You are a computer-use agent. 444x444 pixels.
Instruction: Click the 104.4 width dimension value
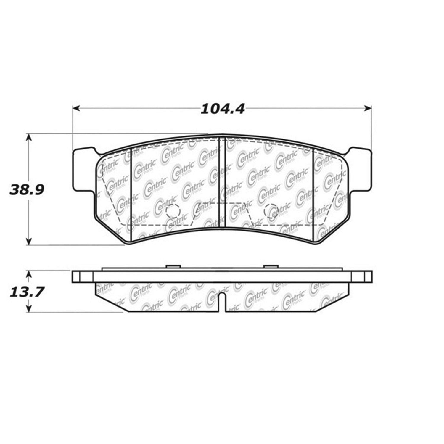click(223, 109)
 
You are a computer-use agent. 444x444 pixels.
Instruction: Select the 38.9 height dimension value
click(27, 189)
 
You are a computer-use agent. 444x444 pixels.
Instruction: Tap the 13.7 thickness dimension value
click(27, 292)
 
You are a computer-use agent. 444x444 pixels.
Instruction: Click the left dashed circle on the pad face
click(173, 211)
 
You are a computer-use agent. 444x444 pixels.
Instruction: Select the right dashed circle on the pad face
click(271, 211)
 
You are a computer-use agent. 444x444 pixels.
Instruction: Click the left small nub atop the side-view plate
click(173, 267)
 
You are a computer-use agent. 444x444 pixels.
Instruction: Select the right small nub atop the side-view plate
click(271, 267)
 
